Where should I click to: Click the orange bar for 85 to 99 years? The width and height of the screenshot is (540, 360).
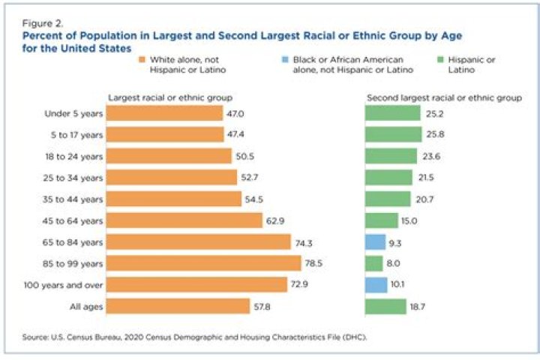(203, 263)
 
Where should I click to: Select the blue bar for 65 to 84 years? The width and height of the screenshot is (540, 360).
(374, 242)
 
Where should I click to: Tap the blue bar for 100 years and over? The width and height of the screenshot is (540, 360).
(376, 285)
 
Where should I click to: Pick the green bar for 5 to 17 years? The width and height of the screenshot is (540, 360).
(393, 134)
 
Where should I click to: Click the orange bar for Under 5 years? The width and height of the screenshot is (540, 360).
(164, 113)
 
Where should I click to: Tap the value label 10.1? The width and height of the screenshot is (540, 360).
(398, 285)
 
